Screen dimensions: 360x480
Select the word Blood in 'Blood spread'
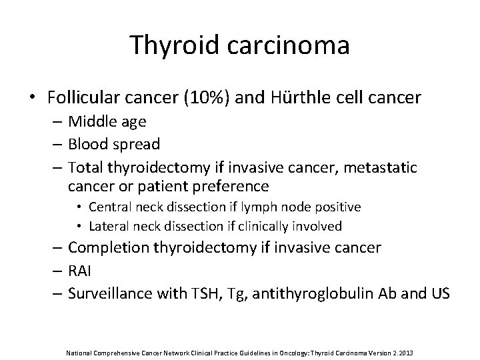click(89, 143)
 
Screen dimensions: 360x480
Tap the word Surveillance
click(108, 293)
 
